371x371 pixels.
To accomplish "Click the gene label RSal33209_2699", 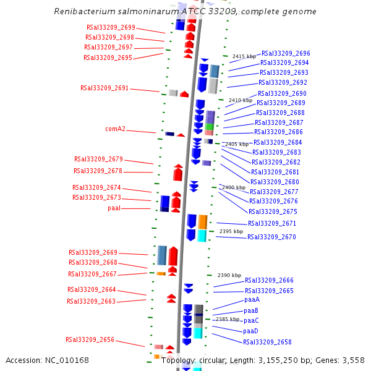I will point(111,28).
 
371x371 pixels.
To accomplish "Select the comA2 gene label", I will point(115,129).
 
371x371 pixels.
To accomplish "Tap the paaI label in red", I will point(114,208).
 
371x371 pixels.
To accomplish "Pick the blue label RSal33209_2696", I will point(286,54).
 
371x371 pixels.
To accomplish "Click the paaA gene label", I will point(252,299).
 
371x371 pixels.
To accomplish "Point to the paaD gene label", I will point(250,331).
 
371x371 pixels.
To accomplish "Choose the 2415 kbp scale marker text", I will point(244,56).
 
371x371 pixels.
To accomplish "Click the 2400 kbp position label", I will point(234,187).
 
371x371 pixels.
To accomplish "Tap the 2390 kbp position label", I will point(229,275).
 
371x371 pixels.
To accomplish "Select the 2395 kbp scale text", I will point(231,231).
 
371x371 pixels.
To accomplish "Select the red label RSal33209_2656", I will point(90,339).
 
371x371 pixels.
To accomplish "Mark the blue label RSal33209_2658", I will point(267,342).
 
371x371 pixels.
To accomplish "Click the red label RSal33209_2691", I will point(104,88).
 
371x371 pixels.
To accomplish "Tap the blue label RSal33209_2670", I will point(271,237).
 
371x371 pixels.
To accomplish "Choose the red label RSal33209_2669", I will point(93,253).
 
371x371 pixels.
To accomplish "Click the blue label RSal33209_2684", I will point(278,142).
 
